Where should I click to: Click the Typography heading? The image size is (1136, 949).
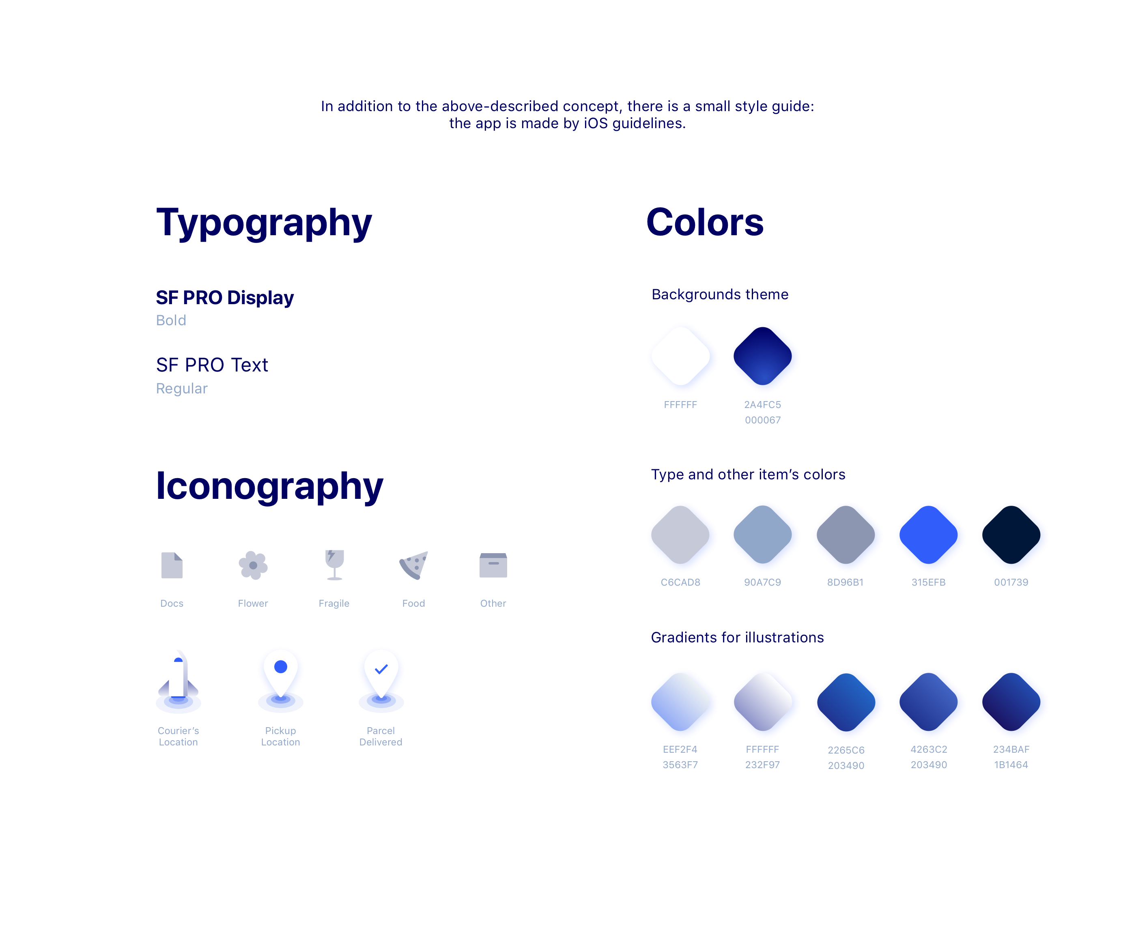pos(264,223)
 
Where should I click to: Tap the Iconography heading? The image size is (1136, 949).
pos(269,486)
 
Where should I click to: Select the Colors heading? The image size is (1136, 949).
pos(705,223)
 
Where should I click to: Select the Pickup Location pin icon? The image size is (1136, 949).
pos(281,676)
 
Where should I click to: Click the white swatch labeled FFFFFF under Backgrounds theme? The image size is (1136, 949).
pos(683,357)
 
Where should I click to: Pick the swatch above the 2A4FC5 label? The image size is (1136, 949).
pos(764,357)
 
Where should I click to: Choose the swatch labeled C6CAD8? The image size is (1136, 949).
pos(683,536)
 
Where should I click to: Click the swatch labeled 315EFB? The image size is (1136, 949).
pos(930,536)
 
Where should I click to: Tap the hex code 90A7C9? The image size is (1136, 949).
pos(762,582)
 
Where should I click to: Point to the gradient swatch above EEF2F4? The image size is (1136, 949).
pos(683,703)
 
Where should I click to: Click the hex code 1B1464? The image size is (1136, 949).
pos(1011,764)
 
